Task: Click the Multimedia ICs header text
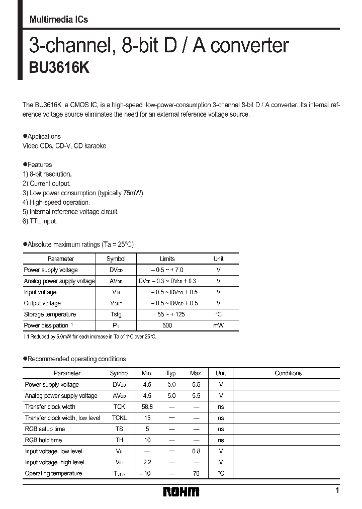click(58, 20)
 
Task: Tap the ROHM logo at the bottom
click(181, 491)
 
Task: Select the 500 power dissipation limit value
click(167, 325)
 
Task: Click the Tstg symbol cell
click(116, 314)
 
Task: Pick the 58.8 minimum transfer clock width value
click(147, 406)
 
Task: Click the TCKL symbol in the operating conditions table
click(119, 418)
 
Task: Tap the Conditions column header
click(288, 373)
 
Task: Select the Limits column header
click(167, 259)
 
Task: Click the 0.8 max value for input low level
click(196, 451)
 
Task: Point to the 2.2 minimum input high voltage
click(147, 462)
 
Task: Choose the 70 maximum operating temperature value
click(196, 473)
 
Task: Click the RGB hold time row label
click(44, 440)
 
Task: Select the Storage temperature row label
click(50, 314)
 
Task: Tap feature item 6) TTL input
click(40, 221)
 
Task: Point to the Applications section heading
click(44, 136)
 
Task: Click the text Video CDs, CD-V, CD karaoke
click(64, 146)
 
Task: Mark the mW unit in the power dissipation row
click(218, 325)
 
